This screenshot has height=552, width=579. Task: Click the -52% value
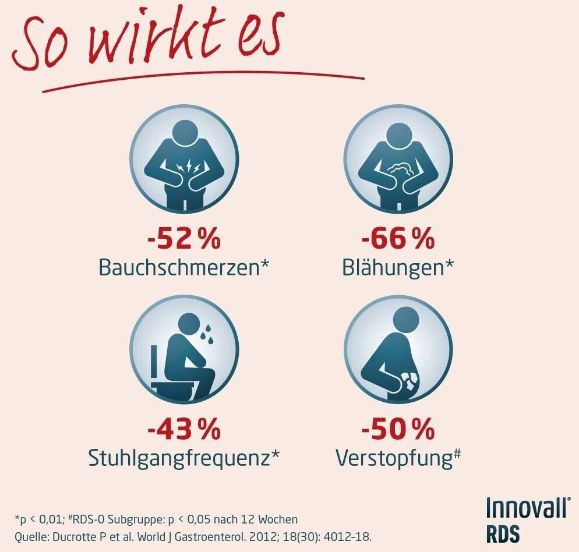[x=183, y=239]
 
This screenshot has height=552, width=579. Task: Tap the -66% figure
[x=398, y=239]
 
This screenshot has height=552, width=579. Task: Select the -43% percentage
[x=183, y=431]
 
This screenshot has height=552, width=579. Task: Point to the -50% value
[x=398, y=431]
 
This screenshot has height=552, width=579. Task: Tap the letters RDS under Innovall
[x=503, y=533]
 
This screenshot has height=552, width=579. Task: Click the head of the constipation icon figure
[x=406, y=321]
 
